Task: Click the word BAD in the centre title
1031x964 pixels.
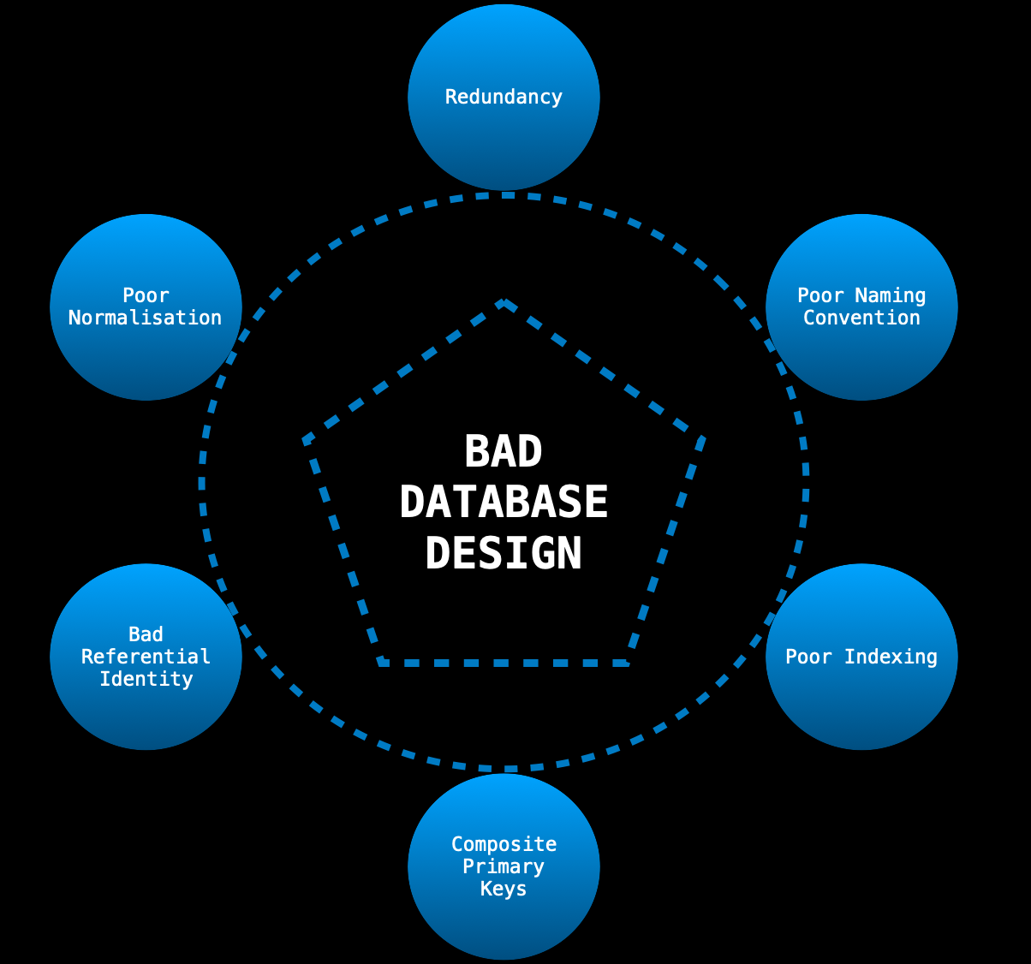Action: [504, 451]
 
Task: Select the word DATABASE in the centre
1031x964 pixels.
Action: [504, 502]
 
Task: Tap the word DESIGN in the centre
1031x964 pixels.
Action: [504, 552]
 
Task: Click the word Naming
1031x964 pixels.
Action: [891, 296]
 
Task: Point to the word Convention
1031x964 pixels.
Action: [861, 318]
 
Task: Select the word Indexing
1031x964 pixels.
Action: [891, 657]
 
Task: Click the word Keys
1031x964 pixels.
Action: [504, 889]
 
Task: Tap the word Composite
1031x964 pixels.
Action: [504, 844]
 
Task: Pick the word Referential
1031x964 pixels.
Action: [146, 657]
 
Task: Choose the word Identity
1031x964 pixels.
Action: [146, 679]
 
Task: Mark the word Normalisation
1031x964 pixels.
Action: [146, 318]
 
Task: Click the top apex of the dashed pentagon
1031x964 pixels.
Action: [504, 302]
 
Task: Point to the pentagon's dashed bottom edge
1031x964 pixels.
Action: [504, 663]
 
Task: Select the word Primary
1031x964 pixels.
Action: [504, 866]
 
